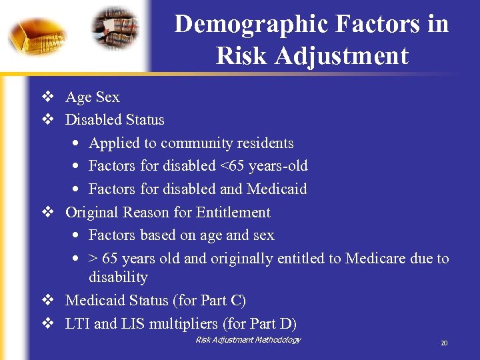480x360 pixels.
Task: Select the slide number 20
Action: (443, 343)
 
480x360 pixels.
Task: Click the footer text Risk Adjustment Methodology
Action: (248, 340)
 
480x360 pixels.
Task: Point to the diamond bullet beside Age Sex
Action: (47, 97)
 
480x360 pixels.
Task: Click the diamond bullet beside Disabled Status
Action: (47, 120)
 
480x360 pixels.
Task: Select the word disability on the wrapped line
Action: (118, 277)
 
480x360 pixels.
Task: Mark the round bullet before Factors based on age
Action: (77, 236)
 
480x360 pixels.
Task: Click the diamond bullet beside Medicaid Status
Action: (47, 301)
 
